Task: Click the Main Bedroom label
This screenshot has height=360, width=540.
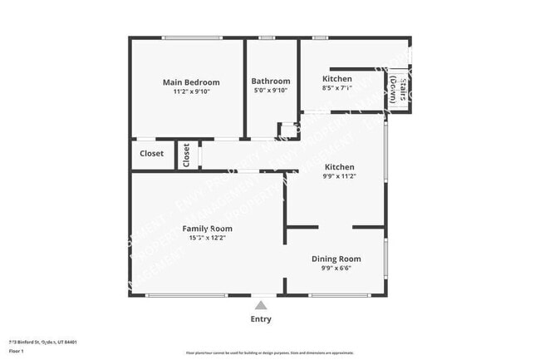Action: (x=191, y=82)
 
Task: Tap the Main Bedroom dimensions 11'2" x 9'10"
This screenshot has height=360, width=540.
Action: (x=191, y=91)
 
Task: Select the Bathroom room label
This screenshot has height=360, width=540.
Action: (x=270, y=81)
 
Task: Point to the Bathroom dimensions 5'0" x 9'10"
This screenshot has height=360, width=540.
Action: (x=270, y=91)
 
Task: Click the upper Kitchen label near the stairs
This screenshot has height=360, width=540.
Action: (x=337, y=79)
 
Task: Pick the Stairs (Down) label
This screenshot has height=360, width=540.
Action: (x=398, y=89)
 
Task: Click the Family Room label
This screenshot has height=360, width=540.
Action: (x=208, y=229)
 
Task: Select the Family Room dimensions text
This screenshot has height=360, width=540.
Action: (x=208, y=238)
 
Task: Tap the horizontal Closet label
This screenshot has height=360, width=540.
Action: (x=151, y=154)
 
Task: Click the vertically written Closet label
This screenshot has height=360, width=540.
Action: (x=186, y=155)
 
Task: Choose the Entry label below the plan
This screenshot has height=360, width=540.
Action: (x=260, y=318)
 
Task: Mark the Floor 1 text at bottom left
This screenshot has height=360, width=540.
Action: (x=16, y=351)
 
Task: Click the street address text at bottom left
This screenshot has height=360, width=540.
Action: (x=43, y=341)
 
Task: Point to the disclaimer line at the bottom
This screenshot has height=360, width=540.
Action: (x=269, y=353)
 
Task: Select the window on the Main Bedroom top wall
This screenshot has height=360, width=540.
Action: (x=191, y=37)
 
